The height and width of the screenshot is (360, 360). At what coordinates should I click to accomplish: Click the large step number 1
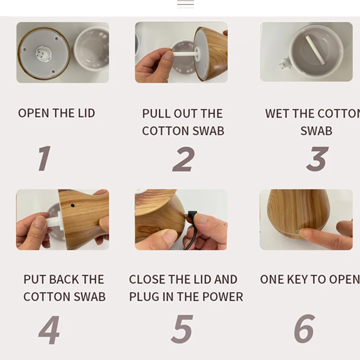(44, 158)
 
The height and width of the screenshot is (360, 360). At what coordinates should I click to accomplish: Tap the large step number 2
(184, 159)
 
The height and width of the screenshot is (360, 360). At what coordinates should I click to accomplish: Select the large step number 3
(317, 159)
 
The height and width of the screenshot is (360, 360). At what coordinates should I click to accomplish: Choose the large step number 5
(182, 329)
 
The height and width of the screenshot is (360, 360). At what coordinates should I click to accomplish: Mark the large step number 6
(305, 329)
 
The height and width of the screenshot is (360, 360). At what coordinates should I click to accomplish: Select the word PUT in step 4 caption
(34, 279)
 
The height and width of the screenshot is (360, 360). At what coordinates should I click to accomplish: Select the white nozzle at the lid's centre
(42, 54)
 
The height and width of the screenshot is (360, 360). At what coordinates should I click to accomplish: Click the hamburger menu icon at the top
(185, 4)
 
